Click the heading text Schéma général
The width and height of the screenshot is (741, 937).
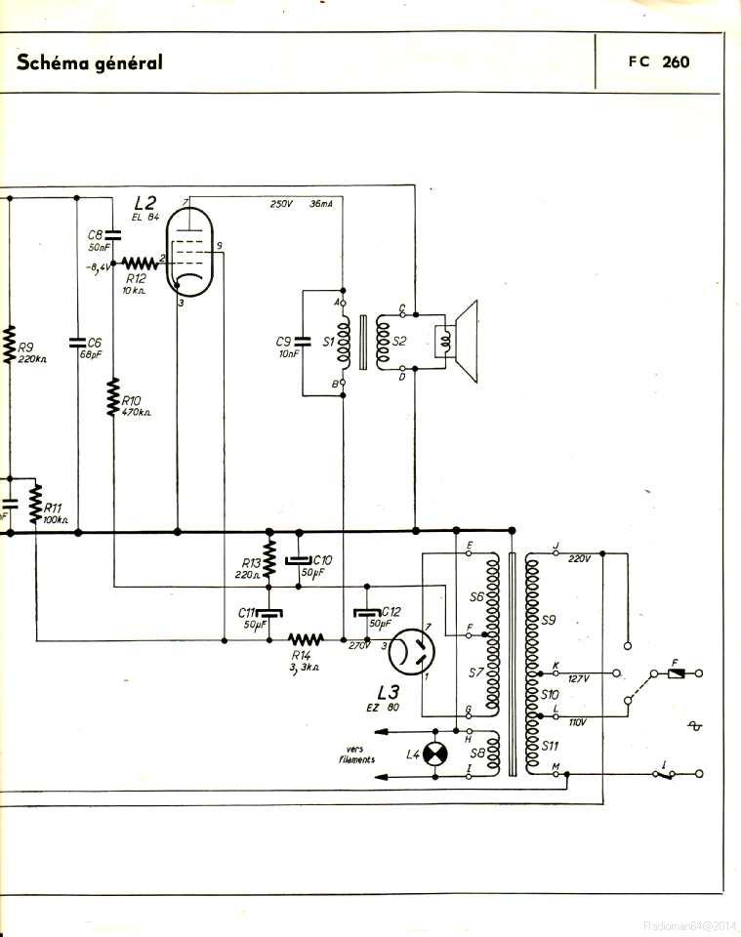(x=90, y=62)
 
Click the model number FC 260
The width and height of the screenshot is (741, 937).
(x=659, y=62)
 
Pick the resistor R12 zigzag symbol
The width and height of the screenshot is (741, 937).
(x=141, y=263)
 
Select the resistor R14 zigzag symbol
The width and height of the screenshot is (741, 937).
(x=306, y=640)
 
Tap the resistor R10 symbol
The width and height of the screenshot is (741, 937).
(x=113, y=398)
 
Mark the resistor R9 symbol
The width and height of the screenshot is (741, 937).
(x=10, y=344)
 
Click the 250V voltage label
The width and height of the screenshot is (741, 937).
(x=281, y=204)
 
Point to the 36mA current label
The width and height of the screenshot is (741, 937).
(x=320, y=204)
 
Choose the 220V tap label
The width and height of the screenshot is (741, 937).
(x=579, y=558)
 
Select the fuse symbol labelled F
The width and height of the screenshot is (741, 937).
(x=676, y=673)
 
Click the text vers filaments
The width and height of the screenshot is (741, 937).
(x=357, y=754)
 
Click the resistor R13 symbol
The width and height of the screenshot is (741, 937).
(x=270, y=554)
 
